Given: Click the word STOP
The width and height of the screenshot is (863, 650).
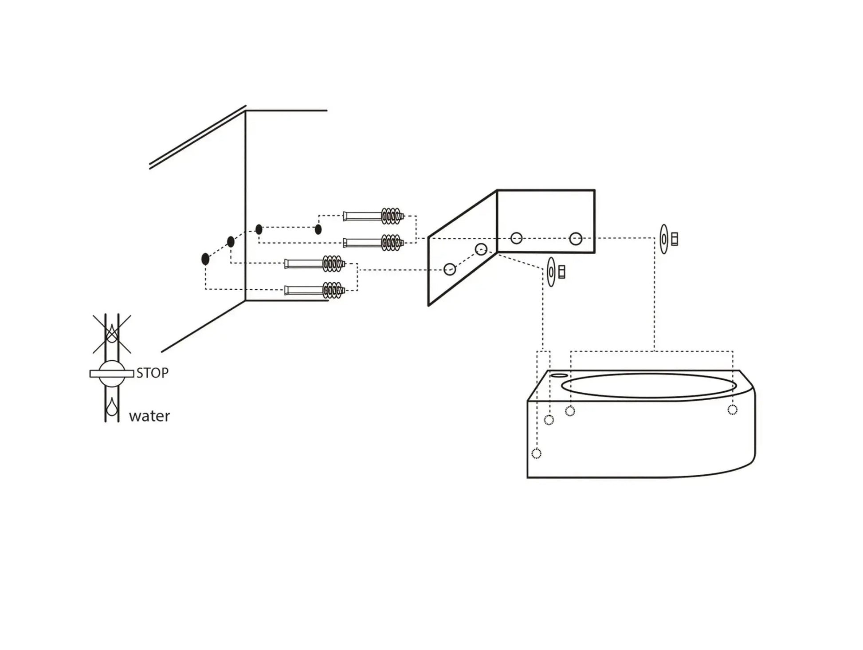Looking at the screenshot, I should click(152, 373).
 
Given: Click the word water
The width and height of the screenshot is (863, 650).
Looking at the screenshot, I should click(149, 416).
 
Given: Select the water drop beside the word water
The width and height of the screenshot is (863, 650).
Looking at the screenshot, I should click(112, 406).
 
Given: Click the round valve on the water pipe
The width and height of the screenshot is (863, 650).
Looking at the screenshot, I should click(111, 374).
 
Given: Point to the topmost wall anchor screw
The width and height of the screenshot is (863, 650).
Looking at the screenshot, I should click(373, 216).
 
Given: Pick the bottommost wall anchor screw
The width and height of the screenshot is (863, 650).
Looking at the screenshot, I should click(314, 290).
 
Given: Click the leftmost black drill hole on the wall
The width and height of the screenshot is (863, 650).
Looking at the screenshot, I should click(205, 259).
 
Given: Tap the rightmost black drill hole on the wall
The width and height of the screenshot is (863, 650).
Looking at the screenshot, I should click(318, 229).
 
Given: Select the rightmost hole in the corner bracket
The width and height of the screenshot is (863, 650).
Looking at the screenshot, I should click(576, 239).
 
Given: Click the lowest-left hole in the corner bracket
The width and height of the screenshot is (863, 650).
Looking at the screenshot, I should click(450, 269).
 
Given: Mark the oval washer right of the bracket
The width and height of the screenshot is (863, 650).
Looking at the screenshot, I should click(663, 239).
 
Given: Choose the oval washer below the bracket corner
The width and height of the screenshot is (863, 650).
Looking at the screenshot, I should click(551, 272).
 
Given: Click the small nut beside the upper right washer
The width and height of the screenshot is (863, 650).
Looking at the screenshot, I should click(675, 239).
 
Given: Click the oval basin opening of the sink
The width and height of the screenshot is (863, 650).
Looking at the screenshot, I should click(649, 386).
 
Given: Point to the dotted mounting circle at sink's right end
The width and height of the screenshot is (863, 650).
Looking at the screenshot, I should click(732, 410).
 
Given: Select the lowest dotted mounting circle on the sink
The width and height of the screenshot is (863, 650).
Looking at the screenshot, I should click(536, 453).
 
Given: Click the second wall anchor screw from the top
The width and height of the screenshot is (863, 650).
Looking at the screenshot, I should click(373, 243).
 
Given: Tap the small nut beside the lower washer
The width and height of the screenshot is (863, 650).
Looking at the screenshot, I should click(562, 272).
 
